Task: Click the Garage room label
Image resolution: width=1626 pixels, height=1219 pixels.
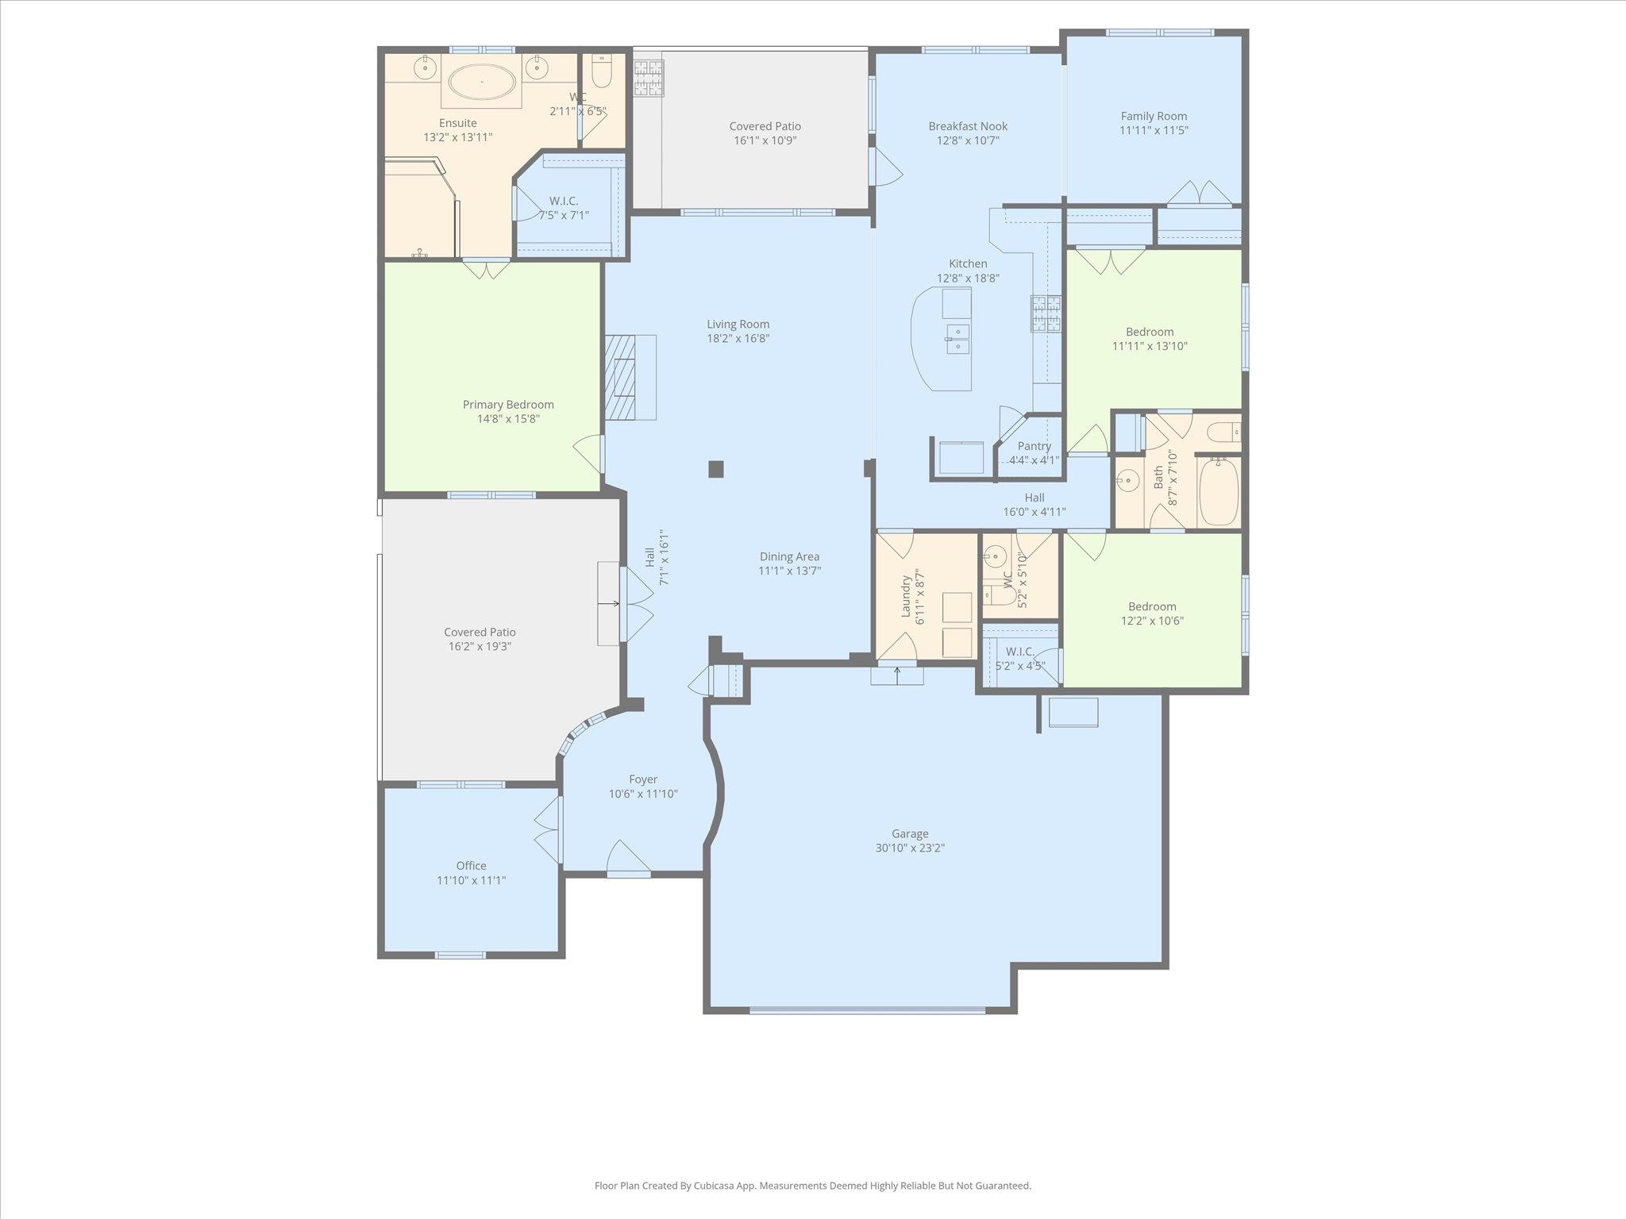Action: [x=909, y=834]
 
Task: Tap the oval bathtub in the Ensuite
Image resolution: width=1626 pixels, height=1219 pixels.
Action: [x=482, y=82]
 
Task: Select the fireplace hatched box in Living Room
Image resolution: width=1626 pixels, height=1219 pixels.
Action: [x=621, y=377]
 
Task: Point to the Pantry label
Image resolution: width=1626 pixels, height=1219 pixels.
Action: [x=1034, y=446]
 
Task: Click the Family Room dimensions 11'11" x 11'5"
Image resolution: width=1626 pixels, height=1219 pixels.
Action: [x=1154, y=130]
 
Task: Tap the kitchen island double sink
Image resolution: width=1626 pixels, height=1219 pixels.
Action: [x=957, y=339]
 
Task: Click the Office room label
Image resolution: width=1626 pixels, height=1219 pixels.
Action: [x=471, y=866]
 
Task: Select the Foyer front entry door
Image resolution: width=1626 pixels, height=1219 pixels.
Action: [x=628, y=860]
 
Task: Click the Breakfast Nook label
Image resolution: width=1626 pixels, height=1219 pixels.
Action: [x=968, y=126]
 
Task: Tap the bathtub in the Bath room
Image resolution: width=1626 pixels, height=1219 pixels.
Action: [x=1219, y=492]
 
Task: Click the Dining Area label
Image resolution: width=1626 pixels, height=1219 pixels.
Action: [x=789, y=556]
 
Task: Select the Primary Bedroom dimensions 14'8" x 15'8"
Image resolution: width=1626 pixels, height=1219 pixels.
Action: [x=508, y=418]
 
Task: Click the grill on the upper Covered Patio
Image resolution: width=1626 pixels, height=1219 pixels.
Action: [x=648, y=79]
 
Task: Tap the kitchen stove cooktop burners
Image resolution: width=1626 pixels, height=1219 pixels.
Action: [x=1046, y=313]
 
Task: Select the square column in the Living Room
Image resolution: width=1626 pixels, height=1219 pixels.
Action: [x=715, y=469]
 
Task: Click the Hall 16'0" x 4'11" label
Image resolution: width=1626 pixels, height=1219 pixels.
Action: [x=1034, y=505]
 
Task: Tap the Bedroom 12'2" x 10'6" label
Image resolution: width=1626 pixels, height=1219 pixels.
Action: [x=1152, y=613]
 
